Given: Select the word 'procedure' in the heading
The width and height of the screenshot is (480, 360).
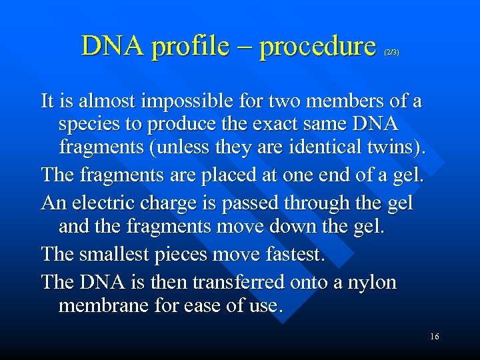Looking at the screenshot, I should pos(317,47).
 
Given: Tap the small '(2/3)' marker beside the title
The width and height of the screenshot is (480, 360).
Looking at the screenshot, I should pos(391,51).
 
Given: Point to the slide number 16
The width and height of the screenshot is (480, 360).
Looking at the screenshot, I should pos(434,337).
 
